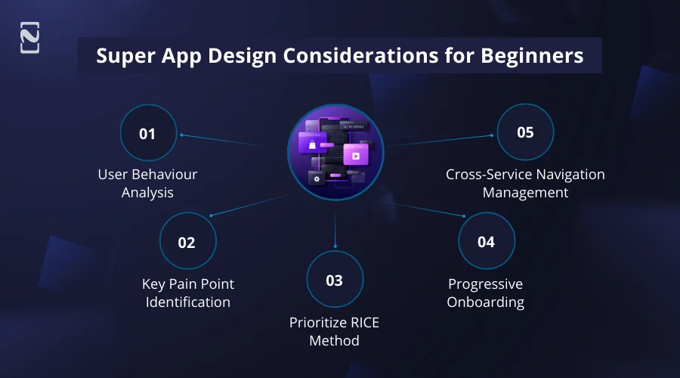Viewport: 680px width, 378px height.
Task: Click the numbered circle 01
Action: (147, 133)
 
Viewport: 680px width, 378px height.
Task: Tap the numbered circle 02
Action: (187, 242)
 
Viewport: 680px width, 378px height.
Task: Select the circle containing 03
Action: (334, 280)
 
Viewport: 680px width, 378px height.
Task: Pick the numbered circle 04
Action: (486, 241)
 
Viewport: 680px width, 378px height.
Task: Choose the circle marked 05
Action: (525, 132)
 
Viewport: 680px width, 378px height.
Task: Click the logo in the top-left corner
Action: (29, 39)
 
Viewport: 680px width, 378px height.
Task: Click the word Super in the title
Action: (121, 56)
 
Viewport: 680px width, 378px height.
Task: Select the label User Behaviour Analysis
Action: (147, 184)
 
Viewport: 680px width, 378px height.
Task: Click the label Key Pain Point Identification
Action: (187, 293)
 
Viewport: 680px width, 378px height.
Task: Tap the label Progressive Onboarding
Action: (485, 293)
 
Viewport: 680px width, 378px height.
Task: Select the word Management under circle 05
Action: (525, 193)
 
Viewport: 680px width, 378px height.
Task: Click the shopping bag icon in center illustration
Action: (309, 143)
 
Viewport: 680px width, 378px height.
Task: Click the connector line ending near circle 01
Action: (227, 141)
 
